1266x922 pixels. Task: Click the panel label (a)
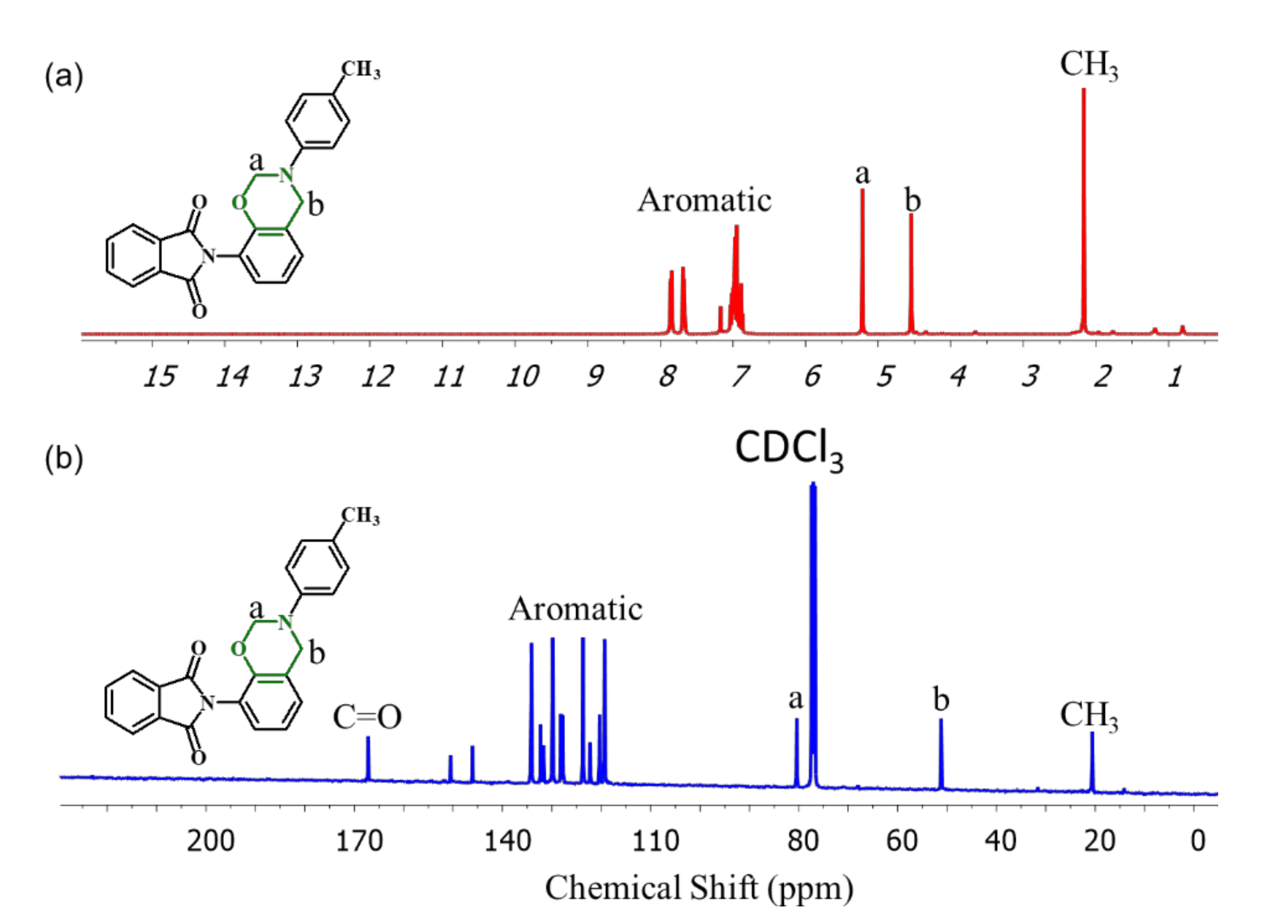(64, 76)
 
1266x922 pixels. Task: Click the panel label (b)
(64, 459)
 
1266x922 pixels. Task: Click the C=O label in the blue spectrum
(367, 718)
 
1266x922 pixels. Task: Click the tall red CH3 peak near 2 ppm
(1083, 212)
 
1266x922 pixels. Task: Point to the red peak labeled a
(862, 263)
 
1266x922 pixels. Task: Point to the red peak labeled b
(911, 274)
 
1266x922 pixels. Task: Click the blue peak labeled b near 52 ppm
(941, 754)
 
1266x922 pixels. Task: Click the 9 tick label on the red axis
(595, 377)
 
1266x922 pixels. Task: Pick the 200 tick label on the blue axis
(210, 841)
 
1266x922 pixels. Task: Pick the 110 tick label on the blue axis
(655, 841)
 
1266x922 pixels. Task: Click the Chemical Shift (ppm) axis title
(699, 888)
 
